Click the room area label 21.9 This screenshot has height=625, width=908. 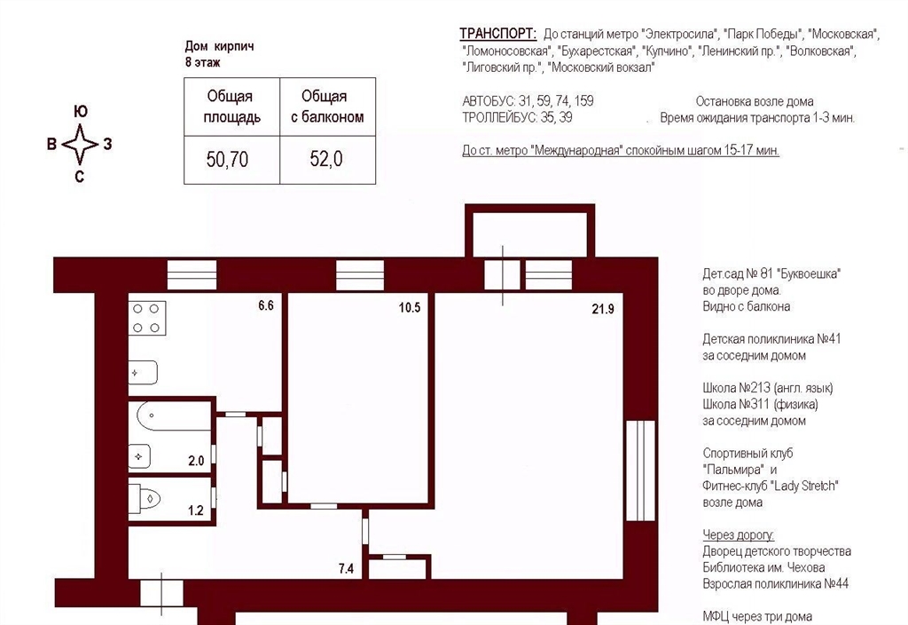coord(603,309)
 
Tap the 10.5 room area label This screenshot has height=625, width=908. coord(410,307)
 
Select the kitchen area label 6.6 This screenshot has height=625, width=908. coord(266,305)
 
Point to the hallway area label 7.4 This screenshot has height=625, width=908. coord(347,569)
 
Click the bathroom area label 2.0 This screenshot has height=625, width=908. coord(196,461)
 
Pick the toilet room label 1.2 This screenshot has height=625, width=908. coord(196,510)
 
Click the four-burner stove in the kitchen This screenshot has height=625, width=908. coord(147,318)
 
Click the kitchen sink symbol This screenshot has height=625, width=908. coord(143,373)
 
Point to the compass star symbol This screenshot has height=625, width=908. coord(80,144)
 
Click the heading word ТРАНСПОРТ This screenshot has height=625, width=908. coord(498,34)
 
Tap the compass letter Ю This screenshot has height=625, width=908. coord(81,111)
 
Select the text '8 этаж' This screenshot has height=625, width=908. coord(203,62)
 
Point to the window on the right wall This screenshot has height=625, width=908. coord(640,471)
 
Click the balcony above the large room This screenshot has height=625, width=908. coord(530,230)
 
